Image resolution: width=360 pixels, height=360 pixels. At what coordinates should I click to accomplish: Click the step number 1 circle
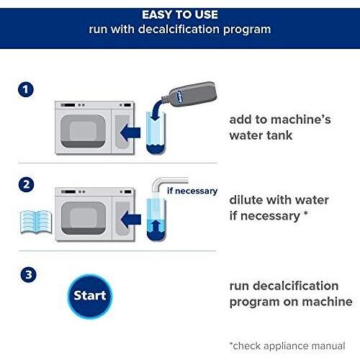tap(26, 89)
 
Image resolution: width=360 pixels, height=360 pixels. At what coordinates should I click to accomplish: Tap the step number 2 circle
tap(26, 184)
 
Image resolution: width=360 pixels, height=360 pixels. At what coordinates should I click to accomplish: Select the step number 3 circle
tap(28, 274)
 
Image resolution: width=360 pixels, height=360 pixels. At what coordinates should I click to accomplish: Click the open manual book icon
tap(36, 222)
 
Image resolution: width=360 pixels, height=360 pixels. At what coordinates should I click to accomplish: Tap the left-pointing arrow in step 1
tap(130, 132)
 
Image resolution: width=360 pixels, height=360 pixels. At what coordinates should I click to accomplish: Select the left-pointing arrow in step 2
tap(131, 220)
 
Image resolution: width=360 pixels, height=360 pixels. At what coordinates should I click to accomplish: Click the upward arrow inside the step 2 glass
tap(156, 226)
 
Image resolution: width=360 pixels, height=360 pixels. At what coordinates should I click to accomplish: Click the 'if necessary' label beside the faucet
tap(192, 191)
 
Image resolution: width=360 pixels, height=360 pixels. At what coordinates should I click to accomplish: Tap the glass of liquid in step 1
tap(156, 133)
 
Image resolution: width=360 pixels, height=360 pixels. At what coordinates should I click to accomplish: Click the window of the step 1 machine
tap(83, 131)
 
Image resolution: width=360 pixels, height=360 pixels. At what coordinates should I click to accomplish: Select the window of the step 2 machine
tap(84, 218)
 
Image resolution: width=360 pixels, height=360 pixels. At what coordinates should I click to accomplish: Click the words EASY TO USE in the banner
tap(180, 14)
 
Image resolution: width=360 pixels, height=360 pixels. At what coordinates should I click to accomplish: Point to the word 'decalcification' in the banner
tap(179, 30)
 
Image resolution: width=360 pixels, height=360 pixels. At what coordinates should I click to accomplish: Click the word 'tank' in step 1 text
tap(279, 135)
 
